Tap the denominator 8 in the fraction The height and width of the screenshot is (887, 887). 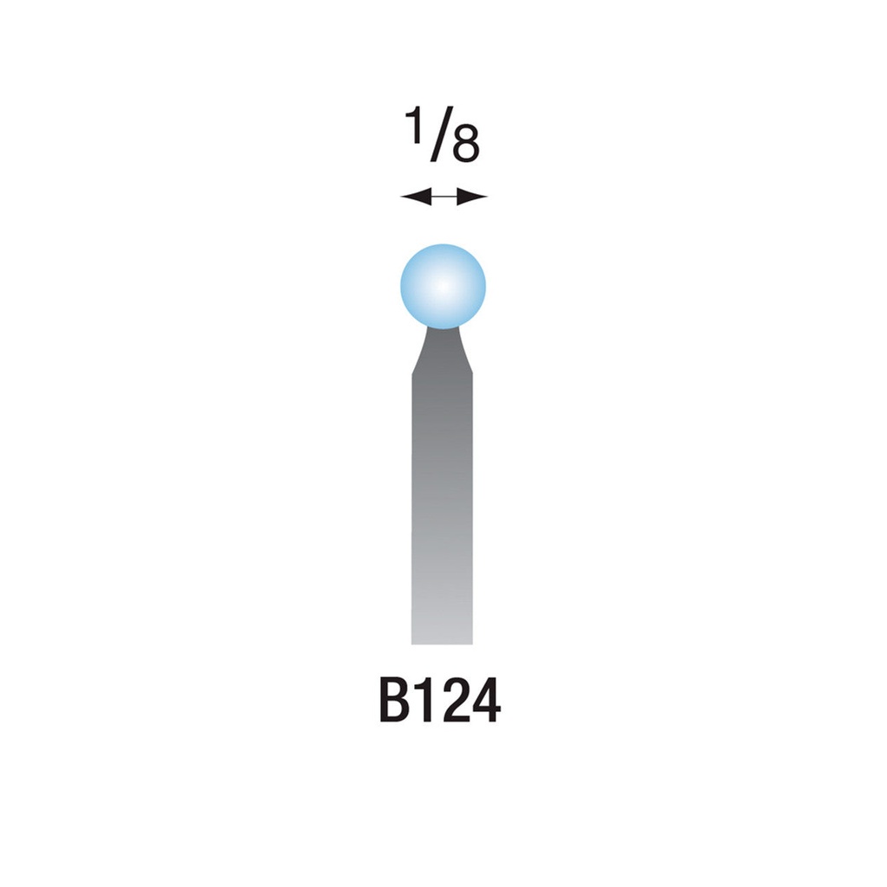click(465, 147)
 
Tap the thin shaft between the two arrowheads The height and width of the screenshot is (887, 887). click(443, 197)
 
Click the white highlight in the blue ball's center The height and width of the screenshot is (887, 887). click(443, 285)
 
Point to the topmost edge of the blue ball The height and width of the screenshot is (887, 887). click(443, 245)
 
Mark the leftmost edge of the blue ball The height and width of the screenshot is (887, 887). click(401, 287)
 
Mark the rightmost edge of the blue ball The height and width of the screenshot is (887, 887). click(485, 287)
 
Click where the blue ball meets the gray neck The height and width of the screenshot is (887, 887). click(443, 327)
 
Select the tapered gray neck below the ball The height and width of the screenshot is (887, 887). click(443, 351)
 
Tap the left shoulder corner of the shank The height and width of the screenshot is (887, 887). click(412, 374)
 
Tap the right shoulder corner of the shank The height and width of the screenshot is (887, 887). click(473, 374)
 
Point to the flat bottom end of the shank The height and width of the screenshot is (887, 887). click(443, 642)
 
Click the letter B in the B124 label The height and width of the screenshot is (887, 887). click(395, 702)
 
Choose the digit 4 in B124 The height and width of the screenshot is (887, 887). click(485, 702)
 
